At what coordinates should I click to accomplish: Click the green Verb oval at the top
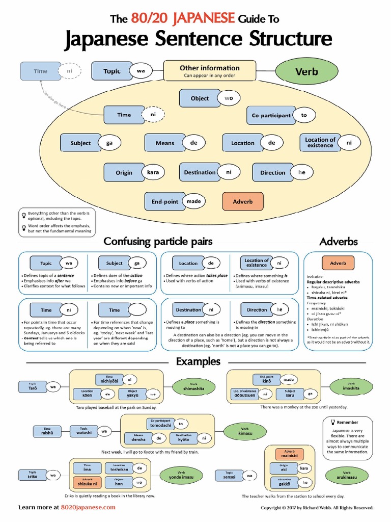[307, 71]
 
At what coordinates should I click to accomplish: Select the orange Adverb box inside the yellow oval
[243, 201]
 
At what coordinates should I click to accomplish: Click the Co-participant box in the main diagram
[271, 115]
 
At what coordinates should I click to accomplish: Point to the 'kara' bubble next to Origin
[153, 172]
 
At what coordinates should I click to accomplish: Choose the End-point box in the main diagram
[164, 201]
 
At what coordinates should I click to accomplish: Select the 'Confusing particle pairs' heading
[158, 241]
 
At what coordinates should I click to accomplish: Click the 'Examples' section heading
[198, 361]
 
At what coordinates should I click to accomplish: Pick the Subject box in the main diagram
[80, 143]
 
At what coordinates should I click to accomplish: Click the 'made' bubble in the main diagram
[193, 201]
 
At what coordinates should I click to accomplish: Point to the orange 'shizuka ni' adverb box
[87, 482]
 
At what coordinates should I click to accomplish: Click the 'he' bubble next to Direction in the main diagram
[301, 172]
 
